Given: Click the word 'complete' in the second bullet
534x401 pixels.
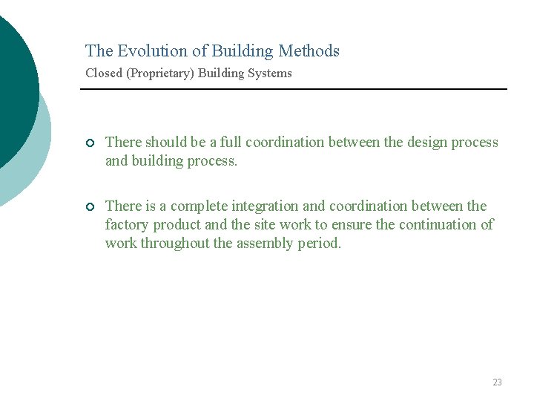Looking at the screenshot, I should (x=199, y=206).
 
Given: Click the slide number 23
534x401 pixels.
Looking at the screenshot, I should (x=497, y=382).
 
